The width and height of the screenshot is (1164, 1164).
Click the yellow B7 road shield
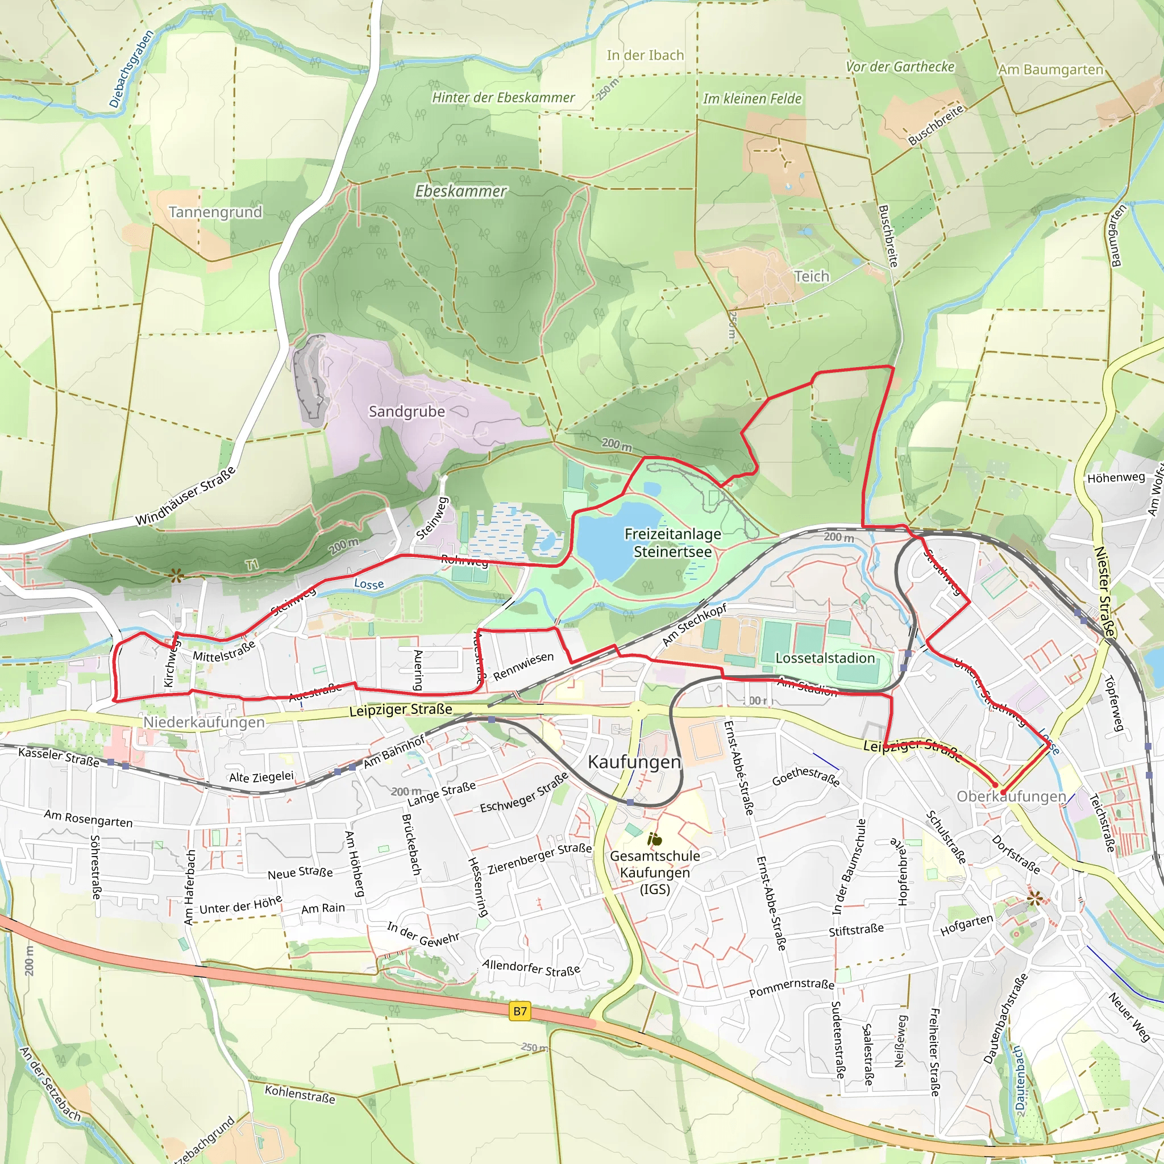pyautogui.click(x=520, y=1011)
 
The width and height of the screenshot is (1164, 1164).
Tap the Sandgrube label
pyautogui.click(x=407, y=411)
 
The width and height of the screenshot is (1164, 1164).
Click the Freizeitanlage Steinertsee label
pyautogui.click(x=672, y=543)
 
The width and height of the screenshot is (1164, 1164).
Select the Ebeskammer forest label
pyautogui.click(x=461, y=191)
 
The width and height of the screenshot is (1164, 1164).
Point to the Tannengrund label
pyautogui.click(x=215, y=212)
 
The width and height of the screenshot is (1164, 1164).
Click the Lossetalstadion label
pyautogui.click(x=825, y=658)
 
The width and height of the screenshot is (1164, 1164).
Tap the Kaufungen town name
pyautogui.click(x=634, y=762)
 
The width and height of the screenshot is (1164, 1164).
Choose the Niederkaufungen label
pyautogui.click(x=203, y=722)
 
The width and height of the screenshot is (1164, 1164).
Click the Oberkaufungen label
pyautogui.click(x=1011, y=796)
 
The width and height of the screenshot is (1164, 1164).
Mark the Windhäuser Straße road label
pyautogui.click(x=185, y=496)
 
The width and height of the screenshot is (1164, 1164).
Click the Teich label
pyautogui.click(x=812, y=277)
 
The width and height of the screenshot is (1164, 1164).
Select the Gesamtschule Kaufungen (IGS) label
pyautogui.click(x=655, y=872)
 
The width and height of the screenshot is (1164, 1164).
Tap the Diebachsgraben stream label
pyautogui.click(x=131, y=69)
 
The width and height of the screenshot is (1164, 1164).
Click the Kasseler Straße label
pyautogui.click(x=59, y=756)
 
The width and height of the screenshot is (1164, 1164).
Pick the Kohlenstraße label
pyautogui.click(x=300, y=1094)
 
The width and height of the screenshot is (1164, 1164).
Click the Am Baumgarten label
pyautogui.click(x=1050, y=70)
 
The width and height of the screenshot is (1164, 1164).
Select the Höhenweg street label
pyautogui.click(x=1116, y=478)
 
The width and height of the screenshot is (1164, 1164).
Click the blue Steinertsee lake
pyautogui.click(x=618, y=530)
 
